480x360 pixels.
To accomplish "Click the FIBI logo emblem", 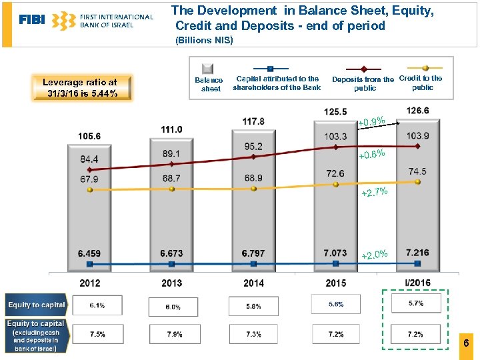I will coord(63,21).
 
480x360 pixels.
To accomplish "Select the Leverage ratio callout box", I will coord(80,87).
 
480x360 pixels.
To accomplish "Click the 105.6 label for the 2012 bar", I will coord(89,136).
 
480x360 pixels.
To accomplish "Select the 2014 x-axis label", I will coord(253,283).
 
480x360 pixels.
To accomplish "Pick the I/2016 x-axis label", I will coord(417,283).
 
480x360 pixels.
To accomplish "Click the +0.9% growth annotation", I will coord(371,122).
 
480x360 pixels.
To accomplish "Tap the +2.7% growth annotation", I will coord(374,193).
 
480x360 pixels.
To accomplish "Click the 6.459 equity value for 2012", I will coord(89,253).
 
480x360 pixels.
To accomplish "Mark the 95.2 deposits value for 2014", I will coord(253,146).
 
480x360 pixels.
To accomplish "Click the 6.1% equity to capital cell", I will coord(97,305).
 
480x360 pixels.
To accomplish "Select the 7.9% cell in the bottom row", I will coord(175,334).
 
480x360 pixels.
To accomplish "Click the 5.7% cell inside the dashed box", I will coord(415,303).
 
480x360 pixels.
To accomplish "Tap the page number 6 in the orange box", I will coord(466,343).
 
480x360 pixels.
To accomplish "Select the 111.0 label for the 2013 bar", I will coord(171,129).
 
